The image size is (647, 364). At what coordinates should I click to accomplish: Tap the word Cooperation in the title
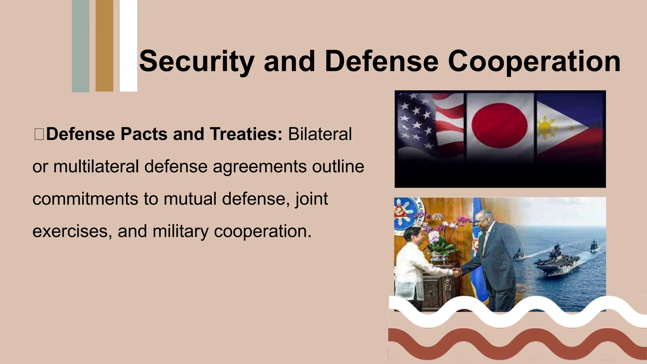[x=534, y=62]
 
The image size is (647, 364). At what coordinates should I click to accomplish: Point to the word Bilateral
[x=320, y=134]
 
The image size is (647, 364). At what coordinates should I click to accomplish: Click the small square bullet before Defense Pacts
[x=39, y=134]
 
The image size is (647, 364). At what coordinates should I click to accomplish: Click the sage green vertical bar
[x=81, y=46]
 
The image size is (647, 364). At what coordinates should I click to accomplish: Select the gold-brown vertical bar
[x=104, y=46]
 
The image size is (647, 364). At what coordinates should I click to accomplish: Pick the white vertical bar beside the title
[x=128, y=46]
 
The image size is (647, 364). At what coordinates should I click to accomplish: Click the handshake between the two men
[x=457, y=272]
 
